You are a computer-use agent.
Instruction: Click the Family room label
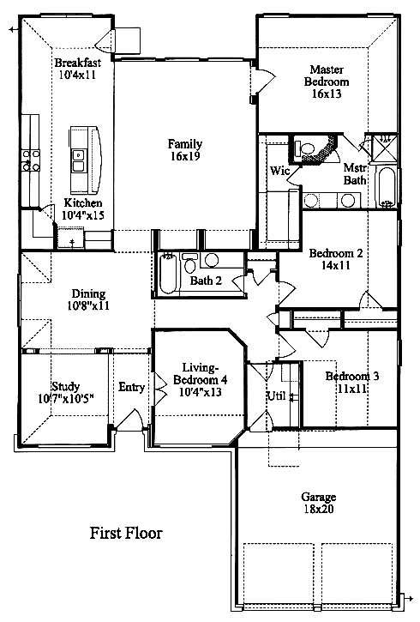tap(185, 143)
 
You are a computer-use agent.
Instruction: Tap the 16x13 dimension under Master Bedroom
tap(327, 94)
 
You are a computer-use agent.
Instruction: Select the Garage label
tap(319, 497)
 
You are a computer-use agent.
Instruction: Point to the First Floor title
tap(126, 533)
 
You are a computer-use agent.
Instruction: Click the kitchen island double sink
tap(78, 161)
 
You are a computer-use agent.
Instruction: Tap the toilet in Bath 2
tap(189, 263)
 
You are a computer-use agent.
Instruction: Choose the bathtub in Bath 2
tap(167, 274)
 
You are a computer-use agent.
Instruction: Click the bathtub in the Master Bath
tap(386, 187)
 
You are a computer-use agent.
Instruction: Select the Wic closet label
tap(279, 171)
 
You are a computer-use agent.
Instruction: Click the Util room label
tap(276, 396)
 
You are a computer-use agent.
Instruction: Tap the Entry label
tap(131, 387)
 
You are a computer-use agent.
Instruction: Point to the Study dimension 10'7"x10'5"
tap(66, 398)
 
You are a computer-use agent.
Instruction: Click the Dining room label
tap(89, 293)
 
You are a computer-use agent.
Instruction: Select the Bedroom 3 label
tap(351, 376)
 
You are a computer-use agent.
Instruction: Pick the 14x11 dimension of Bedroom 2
tap(336, 265)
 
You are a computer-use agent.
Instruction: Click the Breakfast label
tap(78, 63)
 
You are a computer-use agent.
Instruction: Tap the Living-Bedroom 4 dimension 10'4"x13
tap(200, 392)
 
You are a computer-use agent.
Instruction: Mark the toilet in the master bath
tap(305, 148)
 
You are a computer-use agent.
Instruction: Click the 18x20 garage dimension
tap(319, 509)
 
